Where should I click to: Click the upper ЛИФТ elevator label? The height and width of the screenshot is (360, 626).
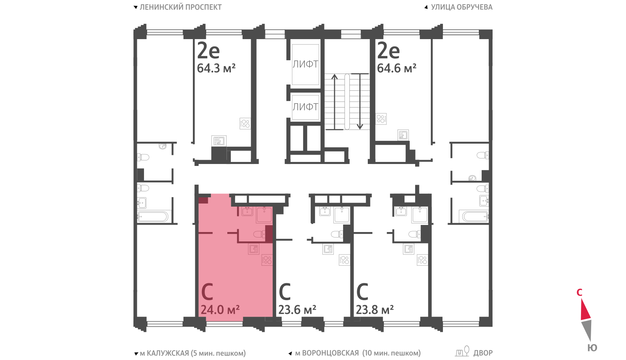[305, 64]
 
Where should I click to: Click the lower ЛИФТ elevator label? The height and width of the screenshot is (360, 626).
[305, 107]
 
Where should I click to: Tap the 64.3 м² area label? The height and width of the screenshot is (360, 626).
[216, 68]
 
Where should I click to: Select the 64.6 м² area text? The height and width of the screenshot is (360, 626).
[397, 68]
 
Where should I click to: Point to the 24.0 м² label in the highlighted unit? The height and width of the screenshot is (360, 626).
[220, 310]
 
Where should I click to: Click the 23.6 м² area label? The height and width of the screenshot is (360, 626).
[297, 310]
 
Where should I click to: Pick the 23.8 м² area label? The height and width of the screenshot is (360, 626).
[375, 310]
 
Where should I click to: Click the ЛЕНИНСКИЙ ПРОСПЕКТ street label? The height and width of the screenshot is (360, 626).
[180, 7]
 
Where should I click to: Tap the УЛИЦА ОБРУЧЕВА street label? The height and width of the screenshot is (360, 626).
[462, 7]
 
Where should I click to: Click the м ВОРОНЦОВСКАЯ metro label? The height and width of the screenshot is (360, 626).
[327, 353]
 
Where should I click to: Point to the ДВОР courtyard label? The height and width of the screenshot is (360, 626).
[483, 353]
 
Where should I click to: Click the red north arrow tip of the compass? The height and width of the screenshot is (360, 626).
[581, 299]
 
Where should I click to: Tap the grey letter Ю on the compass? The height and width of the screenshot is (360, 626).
[592, 348]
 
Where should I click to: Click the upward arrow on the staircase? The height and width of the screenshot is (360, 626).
[335, 102]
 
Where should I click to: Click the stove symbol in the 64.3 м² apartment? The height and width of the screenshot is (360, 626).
[245, 124]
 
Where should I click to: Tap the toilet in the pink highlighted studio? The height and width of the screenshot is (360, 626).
[259, 234]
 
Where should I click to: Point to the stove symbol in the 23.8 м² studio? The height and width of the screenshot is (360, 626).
[422, 260]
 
